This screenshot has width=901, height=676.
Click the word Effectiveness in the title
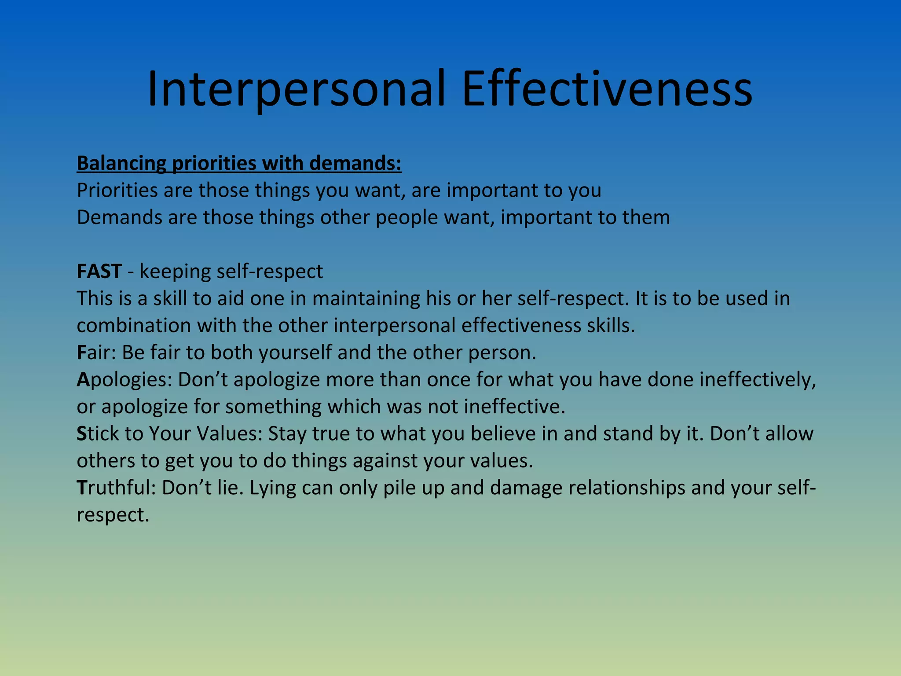(x=607, y=89)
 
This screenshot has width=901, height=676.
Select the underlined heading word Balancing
(x=121, y=164)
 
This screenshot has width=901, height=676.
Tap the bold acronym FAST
(x=99, y=271)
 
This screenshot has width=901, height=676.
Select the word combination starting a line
(x=134, y=326)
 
